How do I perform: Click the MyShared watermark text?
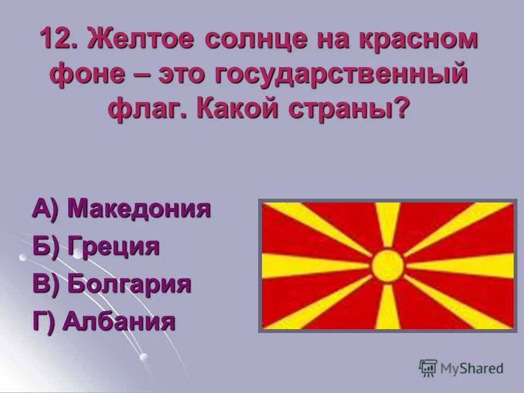click(471, 368)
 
